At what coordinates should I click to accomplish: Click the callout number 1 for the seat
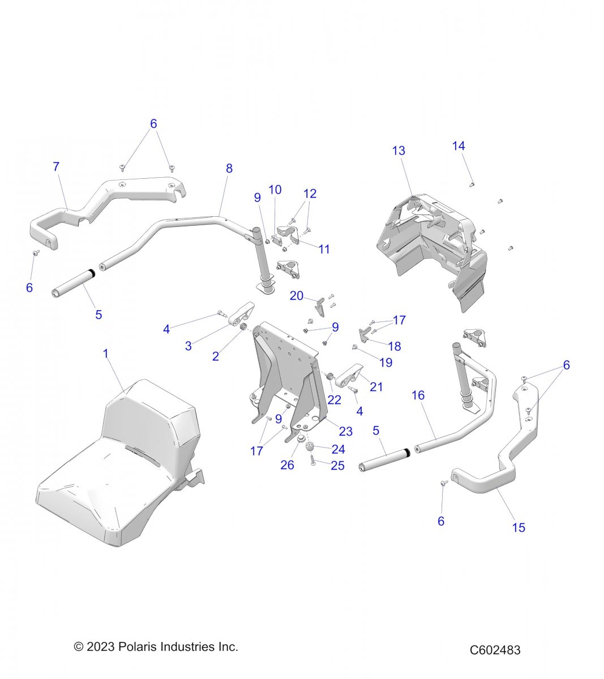point(105,354)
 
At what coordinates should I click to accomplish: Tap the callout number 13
point(399,151)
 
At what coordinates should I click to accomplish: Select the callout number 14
point(459,146)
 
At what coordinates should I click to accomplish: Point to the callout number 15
point(519,527)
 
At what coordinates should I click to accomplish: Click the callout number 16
point(418,395)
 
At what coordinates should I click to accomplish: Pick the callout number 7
point(55,167)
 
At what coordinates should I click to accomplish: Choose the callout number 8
point(229,168)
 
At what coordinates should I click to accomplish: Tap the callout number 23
point(345,431)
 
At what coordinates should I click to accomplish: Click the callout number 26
point(288,465)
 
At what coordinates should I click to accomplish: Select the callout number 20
point(297,295)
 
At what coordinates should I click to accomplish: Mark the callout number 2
point(215,356)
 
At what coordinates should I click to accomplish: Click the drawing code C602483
point(495,650)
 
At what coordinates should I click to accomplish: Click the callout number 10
point(275,190)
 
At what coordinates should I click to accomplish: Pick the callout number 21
point(376,387)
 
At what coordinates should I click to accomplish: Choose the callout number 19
point(385,363)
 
